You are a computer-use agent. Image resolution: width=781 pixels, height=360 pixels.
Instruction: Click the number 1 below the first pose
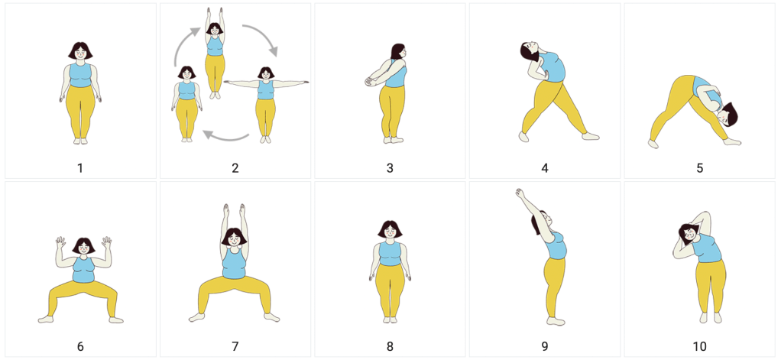[x=80, y=168]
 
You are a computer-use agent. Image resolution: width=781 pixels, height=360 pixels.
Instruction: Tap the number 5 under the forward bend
[x=700, y=168]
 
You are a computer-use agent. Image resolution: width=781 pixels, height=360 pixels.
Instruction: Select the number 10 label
[x=700, y=346]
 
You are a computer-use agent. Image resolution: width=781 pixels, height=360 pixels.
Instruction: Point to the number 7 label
[x=235, y=346]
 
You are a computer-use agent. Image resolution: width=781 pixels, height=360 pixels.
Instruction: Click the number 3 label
[x=390, y=168]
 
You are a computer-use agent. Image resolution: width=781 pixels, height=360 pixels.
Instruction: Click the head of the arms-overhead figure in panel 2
[x=215, y=29]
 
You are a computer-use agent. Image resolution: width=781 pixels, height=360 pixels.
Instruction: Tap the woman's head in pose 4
[x=528, y=50]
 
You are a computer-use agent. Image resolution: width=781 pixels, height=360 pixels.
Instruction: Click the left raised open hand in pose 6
[x=60, y=242]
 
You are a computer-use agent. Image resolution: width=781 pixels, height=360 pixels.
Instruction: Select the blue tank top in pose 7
[x=233, y=264]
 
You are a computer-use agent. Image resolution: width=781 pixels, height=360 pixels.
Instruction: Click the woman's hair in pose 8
[x=390, y=228]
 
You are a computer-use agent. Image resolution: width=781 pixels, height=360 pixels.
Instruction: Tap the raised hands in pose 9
[x=520, y=193]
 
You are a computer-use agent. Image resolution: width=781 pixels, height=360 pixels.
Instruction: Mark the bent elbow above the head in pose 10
[x=706, y=215]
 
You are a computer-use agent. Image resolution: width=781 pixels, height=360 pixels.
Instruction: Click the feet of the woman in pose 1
[x=80, y=141]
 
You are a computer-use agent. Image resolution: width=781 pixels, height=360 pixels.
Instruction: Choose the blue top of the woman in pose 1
[x=80, y=75]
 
